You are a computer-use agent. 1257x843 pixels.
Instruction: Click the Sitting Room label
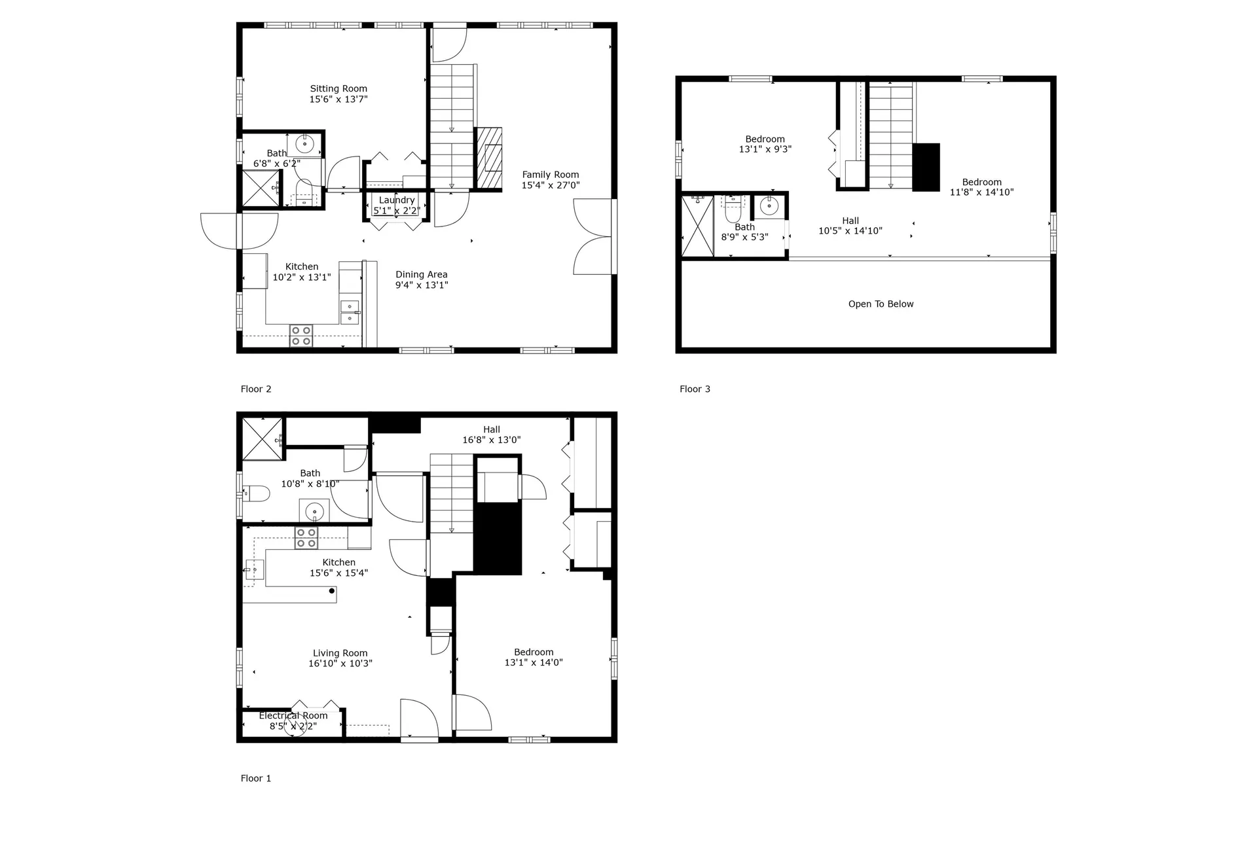[x=338, y=89]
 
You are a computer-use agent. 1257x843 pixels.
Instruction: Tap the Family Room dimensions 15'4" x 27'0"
[x=551, y=185]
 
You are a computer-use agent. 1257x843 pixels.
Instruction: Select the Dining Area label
[x=422, y=275]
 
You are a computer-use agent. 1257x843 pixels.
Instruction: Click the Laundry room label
[x=397, y=200]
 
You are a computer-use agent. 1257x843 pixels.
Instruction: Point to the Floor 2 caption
[x=256, y=389]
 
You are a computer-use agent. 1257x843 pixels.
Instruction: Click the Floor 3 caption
[x=695, y=389]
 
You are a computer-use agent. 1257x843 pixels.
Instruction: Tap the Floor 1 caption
[x=256, y=778]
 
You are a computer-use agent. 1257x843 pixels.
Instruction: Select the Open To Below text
[x=881, y=304]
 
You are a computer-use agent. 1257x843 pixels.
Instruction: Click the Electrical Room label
[x=293, y=715]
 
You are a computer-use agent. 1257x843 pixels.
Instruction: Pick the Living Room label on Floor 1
[x=340, y=653]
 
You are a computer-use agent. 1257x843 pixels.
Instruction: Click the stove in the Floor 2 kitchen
[x=301, y=336]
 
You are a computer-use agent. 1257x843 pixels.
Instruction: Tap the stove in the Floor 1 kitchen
[x=306, y=538]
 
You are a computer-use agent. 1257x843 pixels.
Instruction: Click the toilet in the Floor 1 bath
[x=256, y=493]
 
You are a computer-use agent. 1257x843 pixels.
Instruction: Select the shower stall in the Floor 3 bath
[x=698, y=226]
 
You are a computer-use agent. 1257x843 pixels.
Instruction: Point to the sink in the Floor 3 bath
[x=769, y=207]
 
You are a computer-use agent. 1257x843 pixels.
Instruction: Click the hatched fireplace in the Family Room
[x=488, y=158]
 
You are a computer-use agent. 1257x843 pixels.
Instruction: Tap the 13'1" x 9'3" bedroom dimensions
[x=765, y=149]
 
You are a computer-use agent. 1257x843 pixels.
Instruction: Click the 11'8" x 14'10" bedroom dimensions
[x=981, y=192]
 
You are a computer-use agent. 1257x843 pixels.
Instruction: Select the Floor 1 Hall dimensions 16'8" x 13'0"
[x=492, y=440]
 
